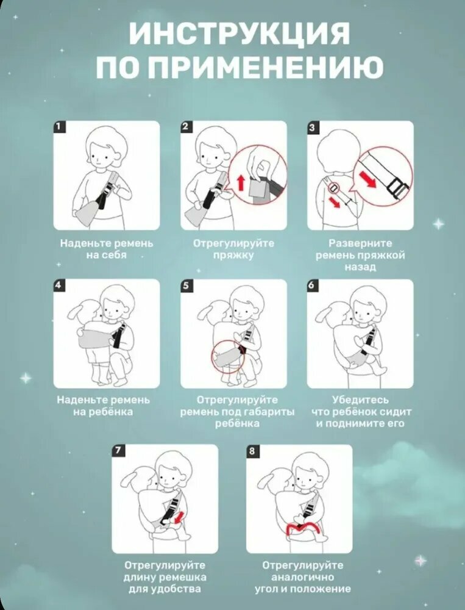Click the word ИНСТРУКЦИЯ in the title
point(239,33)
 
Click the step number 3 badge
point(313,127)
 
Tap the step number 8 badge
point(252,451)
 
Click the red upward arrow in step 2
point(241,182)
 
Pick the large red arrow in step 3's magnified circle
point(368,179)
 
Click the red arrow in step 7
point(179,518)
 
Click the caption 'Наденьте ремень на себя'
point(107,249)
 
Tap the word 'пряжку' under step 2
point(233,255)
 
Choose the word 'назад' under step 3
point(360,267)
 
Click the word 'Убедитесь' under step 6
point(360,400)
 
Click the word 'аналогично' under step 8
point(303,576)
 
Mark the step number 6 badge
point(313,285)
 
